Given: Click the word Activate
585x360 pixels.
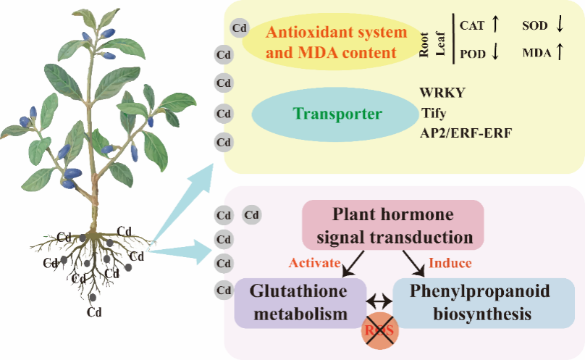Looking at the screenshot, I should pos(314,262).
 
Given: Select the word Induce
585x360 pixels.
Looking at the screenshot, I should pos(450,262).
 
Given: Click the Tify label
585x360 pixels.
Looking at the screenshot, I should pos(434,113).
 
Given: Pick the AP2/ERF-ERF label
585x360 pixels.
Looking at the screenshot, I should pos(466,133).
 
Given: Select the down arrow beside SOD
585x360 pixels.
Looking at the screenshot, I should pos(559,25).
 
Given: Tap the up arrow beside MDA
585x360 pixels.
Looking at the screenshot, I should pos(559,52).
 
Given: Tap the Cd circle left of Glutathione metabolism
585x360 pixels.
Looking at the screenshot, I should pos(224,290).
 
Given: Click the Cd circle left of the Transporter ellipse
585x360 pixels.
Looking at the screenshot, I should pos(224,113).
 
